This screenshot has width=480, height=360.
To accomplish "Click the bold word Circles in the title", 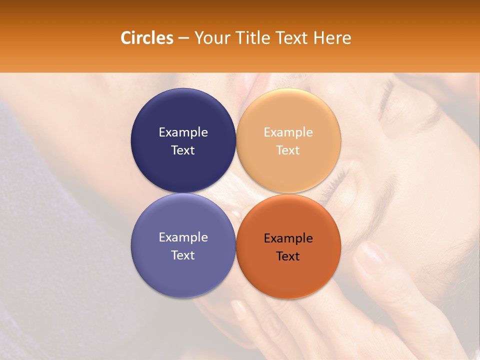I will (x=146, y=38).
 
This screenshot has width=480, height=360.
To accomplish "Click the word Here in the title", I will (x=332, y=38).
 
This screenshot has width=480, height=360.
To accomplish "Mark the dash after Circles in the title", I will (x=183, y=38).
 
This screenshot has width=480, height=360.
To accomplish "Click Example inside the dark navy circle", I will (x=183, y=132).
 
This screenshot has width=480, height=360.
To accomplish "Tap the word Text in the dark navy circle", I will (x=183, y=150).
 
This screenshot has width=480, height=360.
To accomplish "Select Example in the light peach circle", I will (x=288, y=132).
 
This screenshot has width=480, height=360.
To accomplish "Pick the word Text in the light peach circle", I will (x=288, y=150).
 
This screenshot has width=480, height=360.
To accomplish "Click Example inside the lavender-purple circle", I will (x=183, y=237).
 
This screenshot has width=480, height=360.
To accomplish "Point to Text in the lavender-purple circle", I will (x=183, y=255).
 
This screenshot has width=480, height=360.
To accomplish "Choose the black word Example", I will (x=288, y=238).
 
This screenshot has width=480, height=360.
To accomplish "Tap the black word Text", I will (x=288, y=256).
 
